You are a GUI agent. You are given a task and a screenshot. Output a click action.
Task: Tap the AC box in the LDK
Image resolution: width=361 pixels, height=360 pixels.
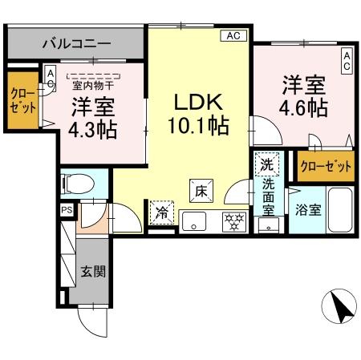[x=233, y=35]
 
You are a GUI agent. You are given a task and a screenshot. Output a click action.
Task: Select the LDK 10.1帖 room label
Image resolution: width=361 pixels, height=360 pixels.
[x=198, y=114]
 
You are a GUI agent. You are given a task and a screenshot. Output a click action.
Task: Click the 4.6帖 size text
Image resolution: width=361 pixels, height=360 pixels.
[x=303, y=108]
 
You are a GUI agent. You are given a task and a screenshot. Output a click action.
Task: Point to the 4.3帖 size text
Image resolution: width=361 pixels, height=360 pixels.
[x=93, y=130]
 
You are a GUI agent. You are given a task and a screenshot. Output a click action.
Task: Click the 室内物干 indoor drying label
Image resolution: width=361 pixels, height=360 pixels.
[x=93, y=86]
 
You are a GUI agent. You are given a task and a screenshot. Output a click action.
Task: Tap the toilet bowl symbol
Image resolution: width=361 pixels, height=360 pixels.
[x=78, y=184]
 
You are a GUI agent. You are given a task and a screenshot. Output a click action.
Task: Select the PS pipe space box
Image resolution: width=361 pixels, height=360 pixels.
[x=67, y=210]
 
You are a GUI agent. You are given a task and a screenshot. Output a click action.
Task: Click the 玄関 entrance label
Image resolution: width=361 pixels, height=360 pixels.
[x=93, y=271]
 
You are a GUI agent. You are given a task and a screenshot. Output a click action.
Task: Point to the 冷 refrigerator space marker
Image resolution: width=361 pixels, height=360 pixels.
[x=162, y=212]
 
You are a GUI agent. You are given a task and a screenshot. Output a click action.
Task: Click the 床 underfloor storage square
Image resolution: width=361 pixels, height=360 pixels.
[x=201, y=191]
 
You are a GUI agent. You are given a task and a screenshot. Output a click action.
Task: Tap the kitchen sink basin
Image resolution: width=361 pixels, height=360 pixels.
[x=194, y=221]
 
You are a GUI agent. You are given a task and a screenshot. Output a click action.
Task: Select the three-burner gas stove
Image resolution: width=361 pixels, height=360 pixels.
[x=234, y=221]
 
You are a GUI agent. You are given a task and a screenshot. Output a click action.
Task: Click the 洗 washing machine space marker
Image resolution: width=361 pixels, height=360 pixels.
[x=267, y=164]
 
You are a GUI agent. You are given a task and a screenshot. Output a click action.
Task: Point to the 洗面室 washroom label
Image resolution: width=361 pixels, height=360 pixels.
[x=268, y=197]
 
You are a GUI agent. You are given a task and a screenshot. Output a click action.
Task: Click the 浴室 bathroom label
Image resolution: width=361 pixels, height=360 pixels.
[x=308, y=210]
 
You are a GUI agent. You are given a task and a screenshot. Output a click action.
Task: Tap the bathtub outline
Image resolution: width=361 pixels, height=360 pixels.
[x=340, y=210]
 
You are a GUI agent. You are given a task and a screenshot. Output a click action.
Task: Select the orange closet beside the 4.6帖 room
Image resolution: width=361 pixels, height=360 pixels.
[x=326, y=166]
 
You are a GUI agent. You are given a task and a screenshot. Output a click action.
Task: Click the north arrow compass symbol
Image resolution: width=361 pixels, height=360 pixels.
[x=339, y=306]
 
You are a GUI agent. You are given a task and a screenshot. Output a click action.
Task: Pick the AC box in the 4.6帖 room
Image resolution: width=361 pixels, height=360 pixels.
[x=347, y=61]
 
